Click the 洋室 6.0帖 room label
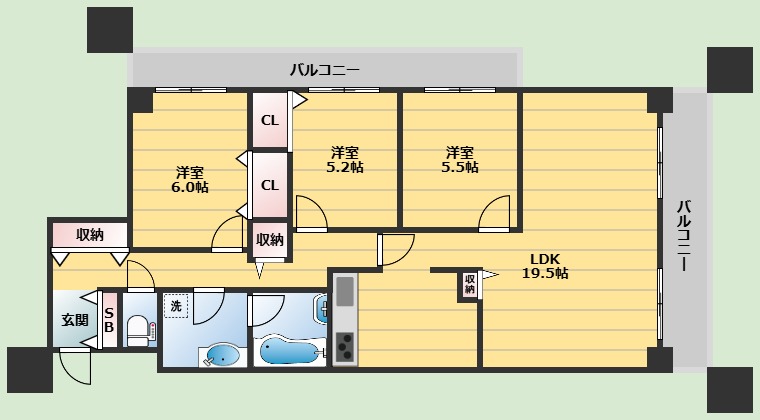190,180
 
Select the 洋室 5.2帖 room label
345,159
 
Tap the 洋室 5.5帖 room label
459,159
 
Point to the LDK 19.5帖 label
545,265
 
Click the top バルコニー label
325,70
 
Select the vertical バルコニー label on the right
683,235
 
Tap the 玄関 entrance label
75,320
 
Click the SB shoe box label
109,320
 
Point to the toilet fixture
140,330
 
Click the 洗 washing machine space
176,306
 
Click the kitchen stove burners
345,347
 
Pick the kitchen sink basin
345,291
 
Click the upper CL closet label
270,120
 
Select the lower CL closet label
270,185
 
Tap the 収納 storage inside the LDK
469,284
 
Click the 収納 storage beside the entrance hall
90,235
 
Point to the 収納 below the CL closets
270,239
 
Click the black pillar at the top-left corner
110,30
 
